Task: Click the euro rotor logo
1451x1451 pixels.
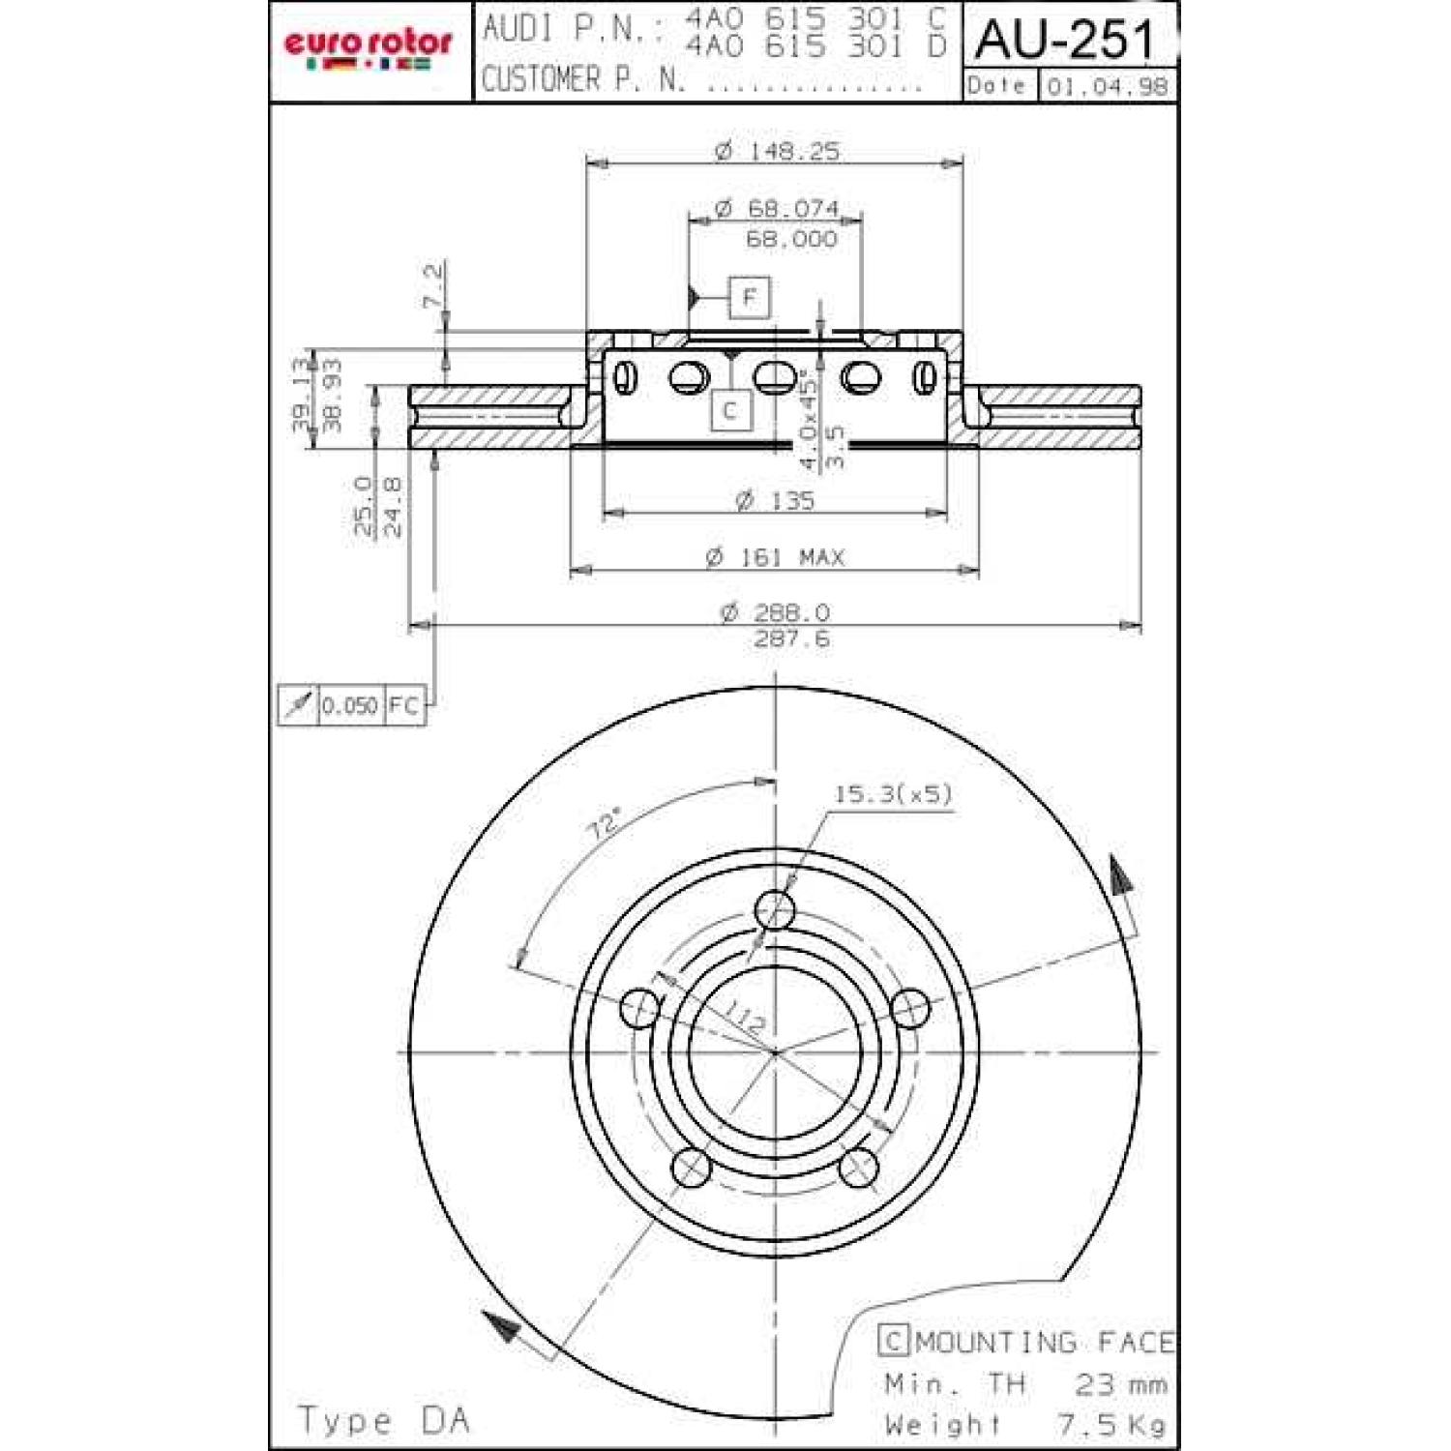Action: [x=368, y=48]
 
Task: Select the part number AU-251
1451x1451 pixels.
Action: [x=1065, y=40]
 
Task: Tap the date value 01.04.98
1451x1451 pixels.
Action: [x=1108, y=86]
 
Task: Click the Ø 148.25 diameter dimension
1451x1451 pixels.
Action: [x=777, y=150]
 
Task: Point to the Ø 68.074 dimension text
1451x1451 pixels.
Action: [x=777, y=208]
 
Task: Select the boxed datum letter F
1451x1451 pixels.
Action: [x=750, y=297]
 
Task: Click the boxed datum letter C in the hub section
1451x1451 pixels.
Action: [x=730, y=410]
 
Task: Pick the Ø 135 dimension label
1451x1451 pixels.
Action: [x=775, y=500]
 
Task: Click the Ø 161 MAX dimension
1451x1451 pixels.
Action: [x=775, y=557]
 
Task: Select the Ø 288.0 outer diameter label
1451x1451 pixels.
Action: [x=775, y=612]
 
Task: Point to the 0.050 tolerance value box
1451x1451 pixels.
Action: [x=349, y=705]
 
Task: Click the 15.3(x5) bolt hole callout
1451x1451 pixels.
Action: [x=892, y=794]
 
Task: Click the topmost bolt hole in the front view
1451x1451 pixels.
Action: [x=775, y=909]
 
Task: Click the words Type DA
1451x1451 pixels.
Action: [x=383, y=1420]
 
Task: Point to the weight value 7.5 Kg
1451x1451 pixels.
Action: [x=1111, y=1424]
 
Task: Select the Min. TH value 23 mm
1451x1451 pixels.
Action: [x=1120, y=1383]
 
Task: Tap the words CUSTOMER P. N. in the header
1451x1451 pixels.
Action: [x=583, y=78]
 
